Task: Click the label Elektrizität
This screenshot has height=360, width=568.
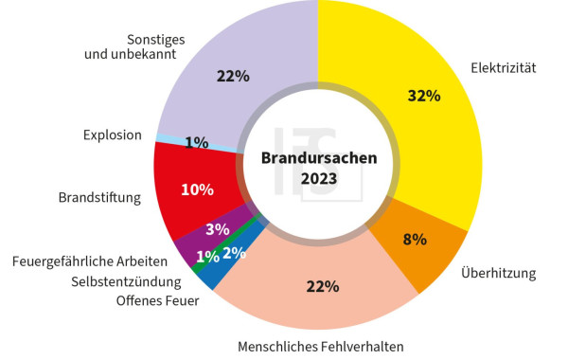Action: pyautogui.click(x=504, y=67)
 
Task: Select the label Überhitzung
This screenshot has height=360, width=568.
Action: pyautogui.click(x=499, y=274)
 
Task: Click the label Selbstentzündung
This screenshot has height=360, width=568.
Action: pyautogui.click(x=126, y=281)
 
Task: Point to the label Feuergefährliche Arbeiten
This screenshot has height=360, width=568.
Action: pyautogui.click(x=91, y=261)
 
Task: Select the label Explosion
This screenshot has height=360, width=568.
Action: pyautogui.click(x=112, y=135)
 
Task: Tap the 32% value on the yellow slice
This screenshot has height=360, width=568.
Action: pyautogui.click(x=423, y=96)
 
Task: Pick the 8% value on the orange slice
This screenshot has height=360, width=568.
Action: pyautogui.click(x=415, y=240)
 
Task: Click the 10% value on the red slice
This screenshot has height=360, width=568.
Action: pyautogui.click(x=197, y=189)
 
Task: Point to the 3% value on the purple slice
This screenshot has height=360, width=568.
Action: pyautogui.click(x=217, y=229)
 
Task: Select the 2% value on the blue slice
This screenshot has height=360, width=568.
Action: pyautogui.click(x=235, y=252)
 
